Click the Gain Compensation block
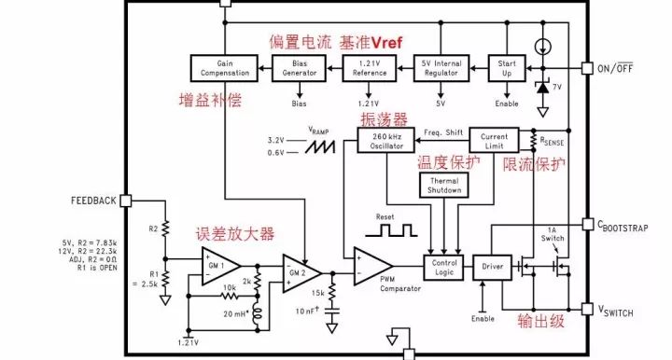pyautogui.click(x=222, y=67)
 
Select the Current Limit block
pyautogui.click(x=494, y=140)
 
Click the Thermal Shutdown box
pyautogui.click(x=443, y=184)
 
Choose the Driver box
pyautogui.click(x=493, y=267)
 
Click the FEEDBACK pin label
pyautogui.click(x=93, y=201)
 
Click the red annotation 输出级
pyautogui.click(x=542, y=322)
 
